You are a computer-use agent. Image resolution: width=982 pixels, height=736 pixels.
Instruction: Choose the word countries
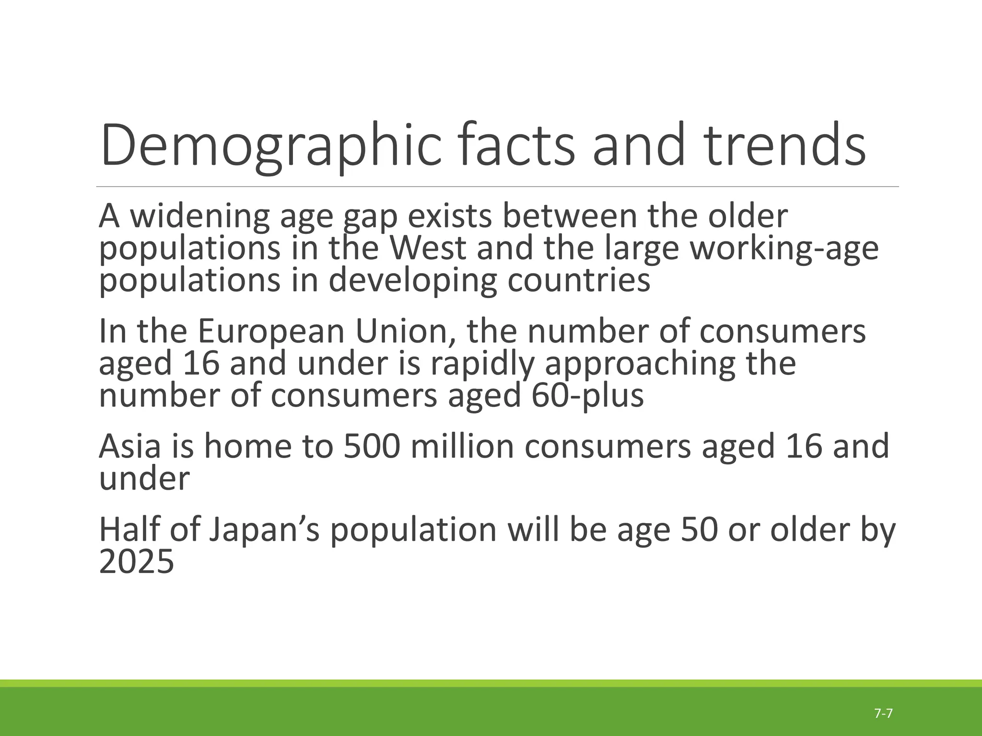[x=579, y=280]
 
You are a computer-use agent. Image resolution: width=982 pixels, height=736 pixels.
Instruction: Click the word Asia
[x=129, y=447]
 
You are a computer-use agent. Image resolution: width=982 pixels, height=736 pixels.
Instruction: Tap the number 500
[x=372, y=447]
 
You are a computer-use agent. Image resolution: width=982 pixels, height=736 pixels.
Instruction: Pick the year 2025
[x=136, y=562]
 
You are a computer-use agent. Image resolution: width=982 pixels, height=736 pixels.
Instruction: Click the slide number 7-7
[x=883, y=713]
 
